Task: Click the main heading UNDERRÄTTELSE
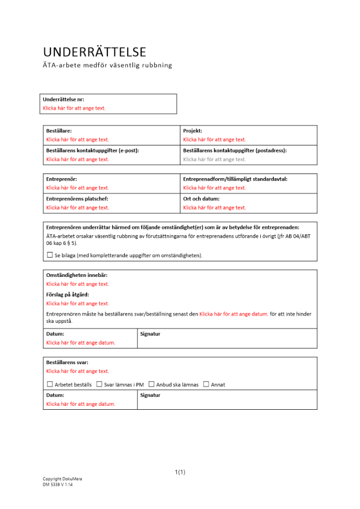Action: [x=95, y=52]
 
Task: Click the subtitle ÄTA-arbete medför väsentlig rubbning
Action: [x=107, y=65]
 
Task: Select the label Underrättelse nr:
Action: [x=64, y=100]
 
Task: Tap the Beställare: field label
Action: [x=59, y=131]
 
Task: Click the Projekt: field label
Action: [x=192, y=131]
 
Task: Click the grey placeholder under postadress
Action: [x=214, y=159]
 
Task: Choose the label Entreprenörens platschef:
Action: [x=77, y=199]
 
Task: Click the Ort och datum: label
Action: [x=201, y=199]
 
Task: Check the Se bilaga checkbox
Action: [x=49, y=254]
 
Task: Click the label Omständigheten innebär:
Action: [x=77, y=275]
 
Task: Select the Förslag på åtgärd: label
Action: [x=68, y=295]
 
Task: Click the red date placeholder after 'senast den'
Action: [x=234, y=315]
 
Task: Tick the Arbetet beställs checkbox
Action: [x=49, y=384]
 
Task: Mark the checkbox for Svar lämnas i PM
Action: [x=99, y=384]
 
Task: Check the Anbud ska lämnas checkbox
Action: [x=151, y=384]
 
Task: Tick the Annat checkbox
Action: [x=206, y=384]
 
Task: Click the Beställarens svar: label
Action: [x=67, y=362]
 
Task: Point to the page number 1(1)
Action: [x=180, y=472]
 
